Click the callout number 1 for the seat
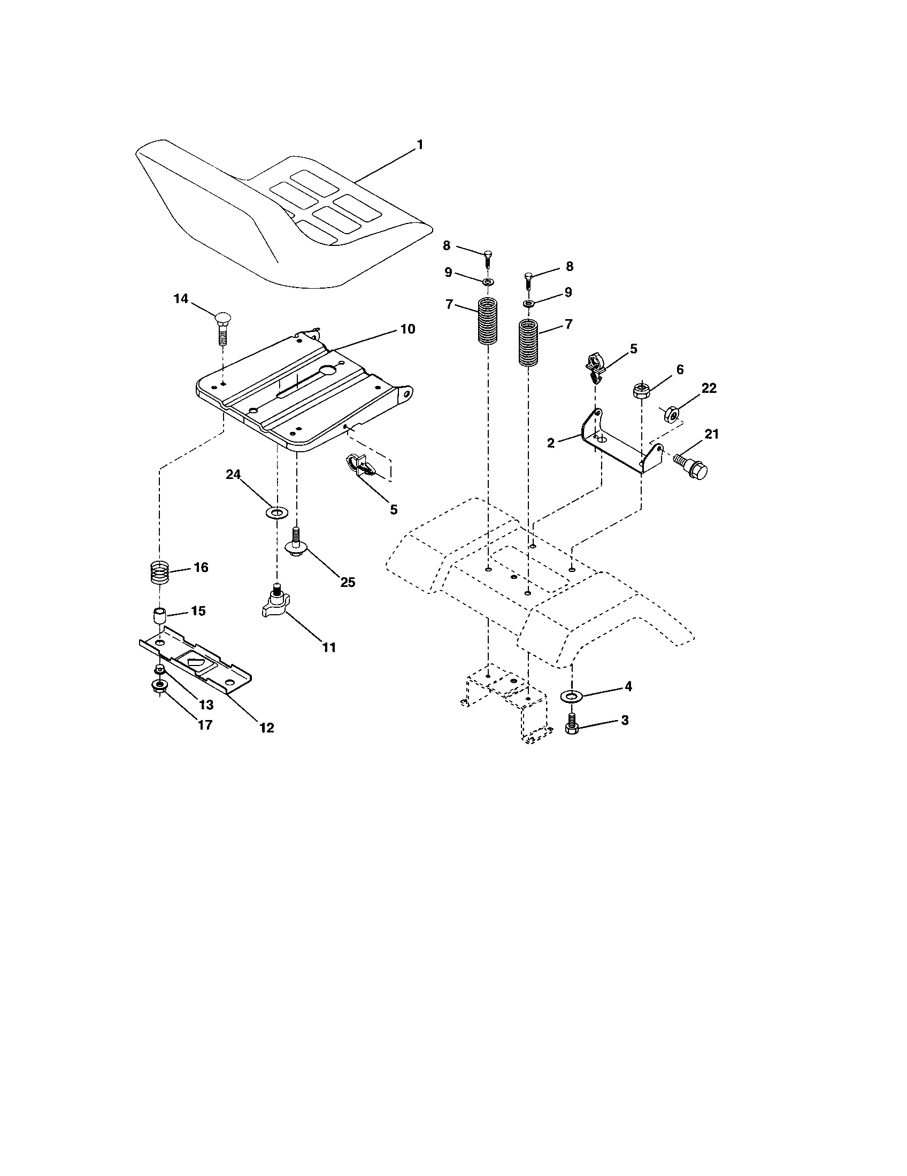pos(420,145)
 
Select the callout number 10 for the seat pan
pos(408,329)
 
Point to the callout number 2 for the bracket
pos(550,443)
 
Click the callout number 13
pos(205,705)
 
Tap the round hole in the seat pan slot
pos(327,370)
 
